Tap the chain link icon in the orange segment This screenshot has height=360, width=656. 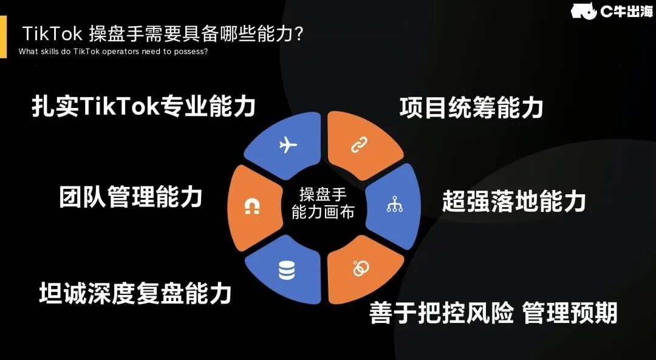(x=357, y=146)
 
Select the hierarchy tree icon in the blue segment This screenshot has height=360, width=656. (x=394, y=206)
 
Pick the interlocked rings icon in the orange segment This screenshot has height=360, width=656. (x=360, y=267)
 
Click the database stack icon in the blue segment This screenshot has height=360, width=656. (x=287, y=270)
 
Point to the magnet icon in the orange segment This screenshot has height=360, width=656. (x=251, y=207)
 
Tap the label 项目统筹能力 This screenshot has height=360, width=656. (x=471, y=108)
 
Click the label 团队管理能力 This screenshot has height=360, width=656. (x=131, y=197)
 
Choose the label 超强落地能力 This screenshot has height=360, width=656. (x=513, y=200)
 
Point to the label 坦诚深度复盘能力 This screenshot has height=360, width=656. (x=135, y=293)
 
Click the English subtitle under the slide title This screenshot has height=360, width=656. (x=114, y=51)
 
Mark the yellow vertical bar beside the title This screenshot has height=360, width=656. (x=3, y=37)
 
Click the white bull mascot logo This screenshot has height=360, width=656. (x=583, y=11)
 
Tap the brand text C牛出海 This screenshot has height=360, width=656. (x=626, y=11)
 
